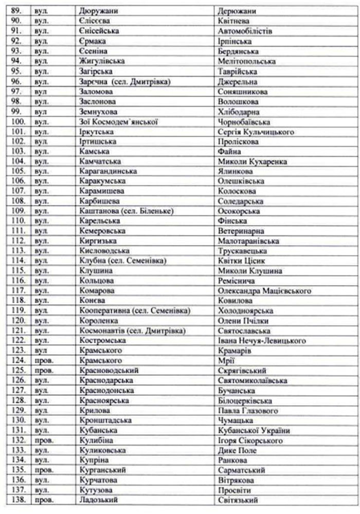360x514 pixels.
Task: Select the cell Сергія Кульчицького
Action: pos(256,132)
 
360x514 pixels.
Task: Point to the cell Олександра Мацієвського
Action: pos(264,291)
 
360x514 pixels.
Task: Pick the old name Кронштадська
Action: pos(105,420)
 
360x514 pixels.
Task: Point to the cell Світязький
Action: pos(238,500)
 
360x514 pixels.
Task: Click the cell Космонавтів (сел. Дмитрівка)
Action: pos(132,331)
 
